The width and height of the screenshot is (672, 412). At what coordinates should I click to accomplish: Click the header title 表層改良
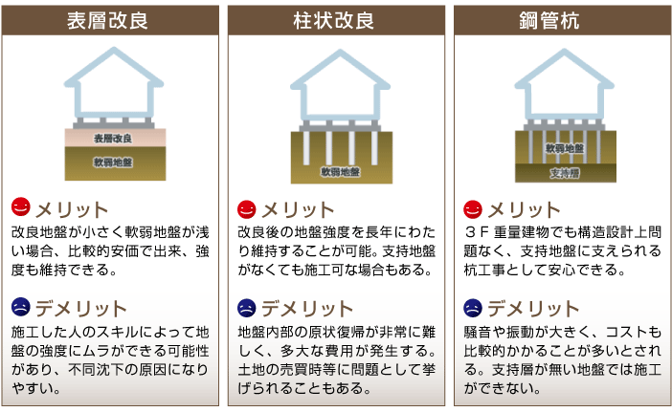coord(107,20)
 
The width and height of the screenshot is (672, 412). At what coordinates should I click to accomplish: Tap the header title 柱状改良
coord(334,20)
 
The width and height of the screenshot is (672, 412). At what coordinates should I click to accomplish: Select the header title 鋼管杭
coord(549,20)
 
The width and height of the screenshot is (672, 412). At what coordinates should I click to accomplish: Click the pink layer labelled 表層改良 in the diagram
coord(115,138)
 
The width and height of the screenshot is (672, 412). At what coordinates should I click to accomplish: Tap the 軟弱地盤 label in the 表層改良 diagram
coord(113,163)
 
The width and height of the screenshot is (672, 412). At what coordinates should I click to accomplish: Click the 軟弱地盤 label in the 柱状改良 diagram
coord(340,172)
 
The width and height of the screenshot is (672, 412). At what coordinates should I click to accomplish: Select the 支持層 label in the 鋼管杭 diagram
coord(565,173)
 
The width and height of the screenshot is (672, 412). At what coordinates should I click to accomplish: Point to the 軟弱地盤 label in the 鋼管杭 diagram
coord(565,148)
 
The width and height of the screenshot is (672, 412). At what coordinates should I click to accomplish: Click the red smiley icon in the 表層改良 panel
coord(20,207)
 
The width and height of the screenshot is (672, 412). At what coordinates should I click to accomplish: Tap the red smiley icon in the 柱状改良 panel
coord(246,209)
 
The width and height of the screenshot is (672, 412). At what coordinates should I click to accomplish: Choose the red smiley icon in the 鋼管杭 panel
coord(473,209)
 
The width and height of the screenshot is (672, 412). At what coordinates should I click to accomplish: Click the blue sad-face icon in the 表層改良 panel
coord(20,307)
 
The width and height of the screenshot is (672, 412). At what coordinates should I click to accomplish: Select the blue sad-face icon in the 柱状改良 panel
coord(246,308)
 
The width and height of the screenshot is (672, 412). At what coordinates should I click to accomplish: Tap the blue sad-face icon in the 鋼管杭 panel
coord(473,308)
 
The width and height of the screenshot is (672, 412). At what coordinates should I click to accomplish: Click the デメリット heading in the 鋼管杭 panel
coord(533,309)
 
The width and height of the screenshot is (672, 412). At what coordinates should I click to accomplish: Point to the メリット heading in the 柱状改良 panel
coord(299,210)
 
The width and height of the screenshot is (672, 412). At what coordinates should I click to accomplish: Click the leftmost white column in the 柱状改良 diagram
coord(306,147)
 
